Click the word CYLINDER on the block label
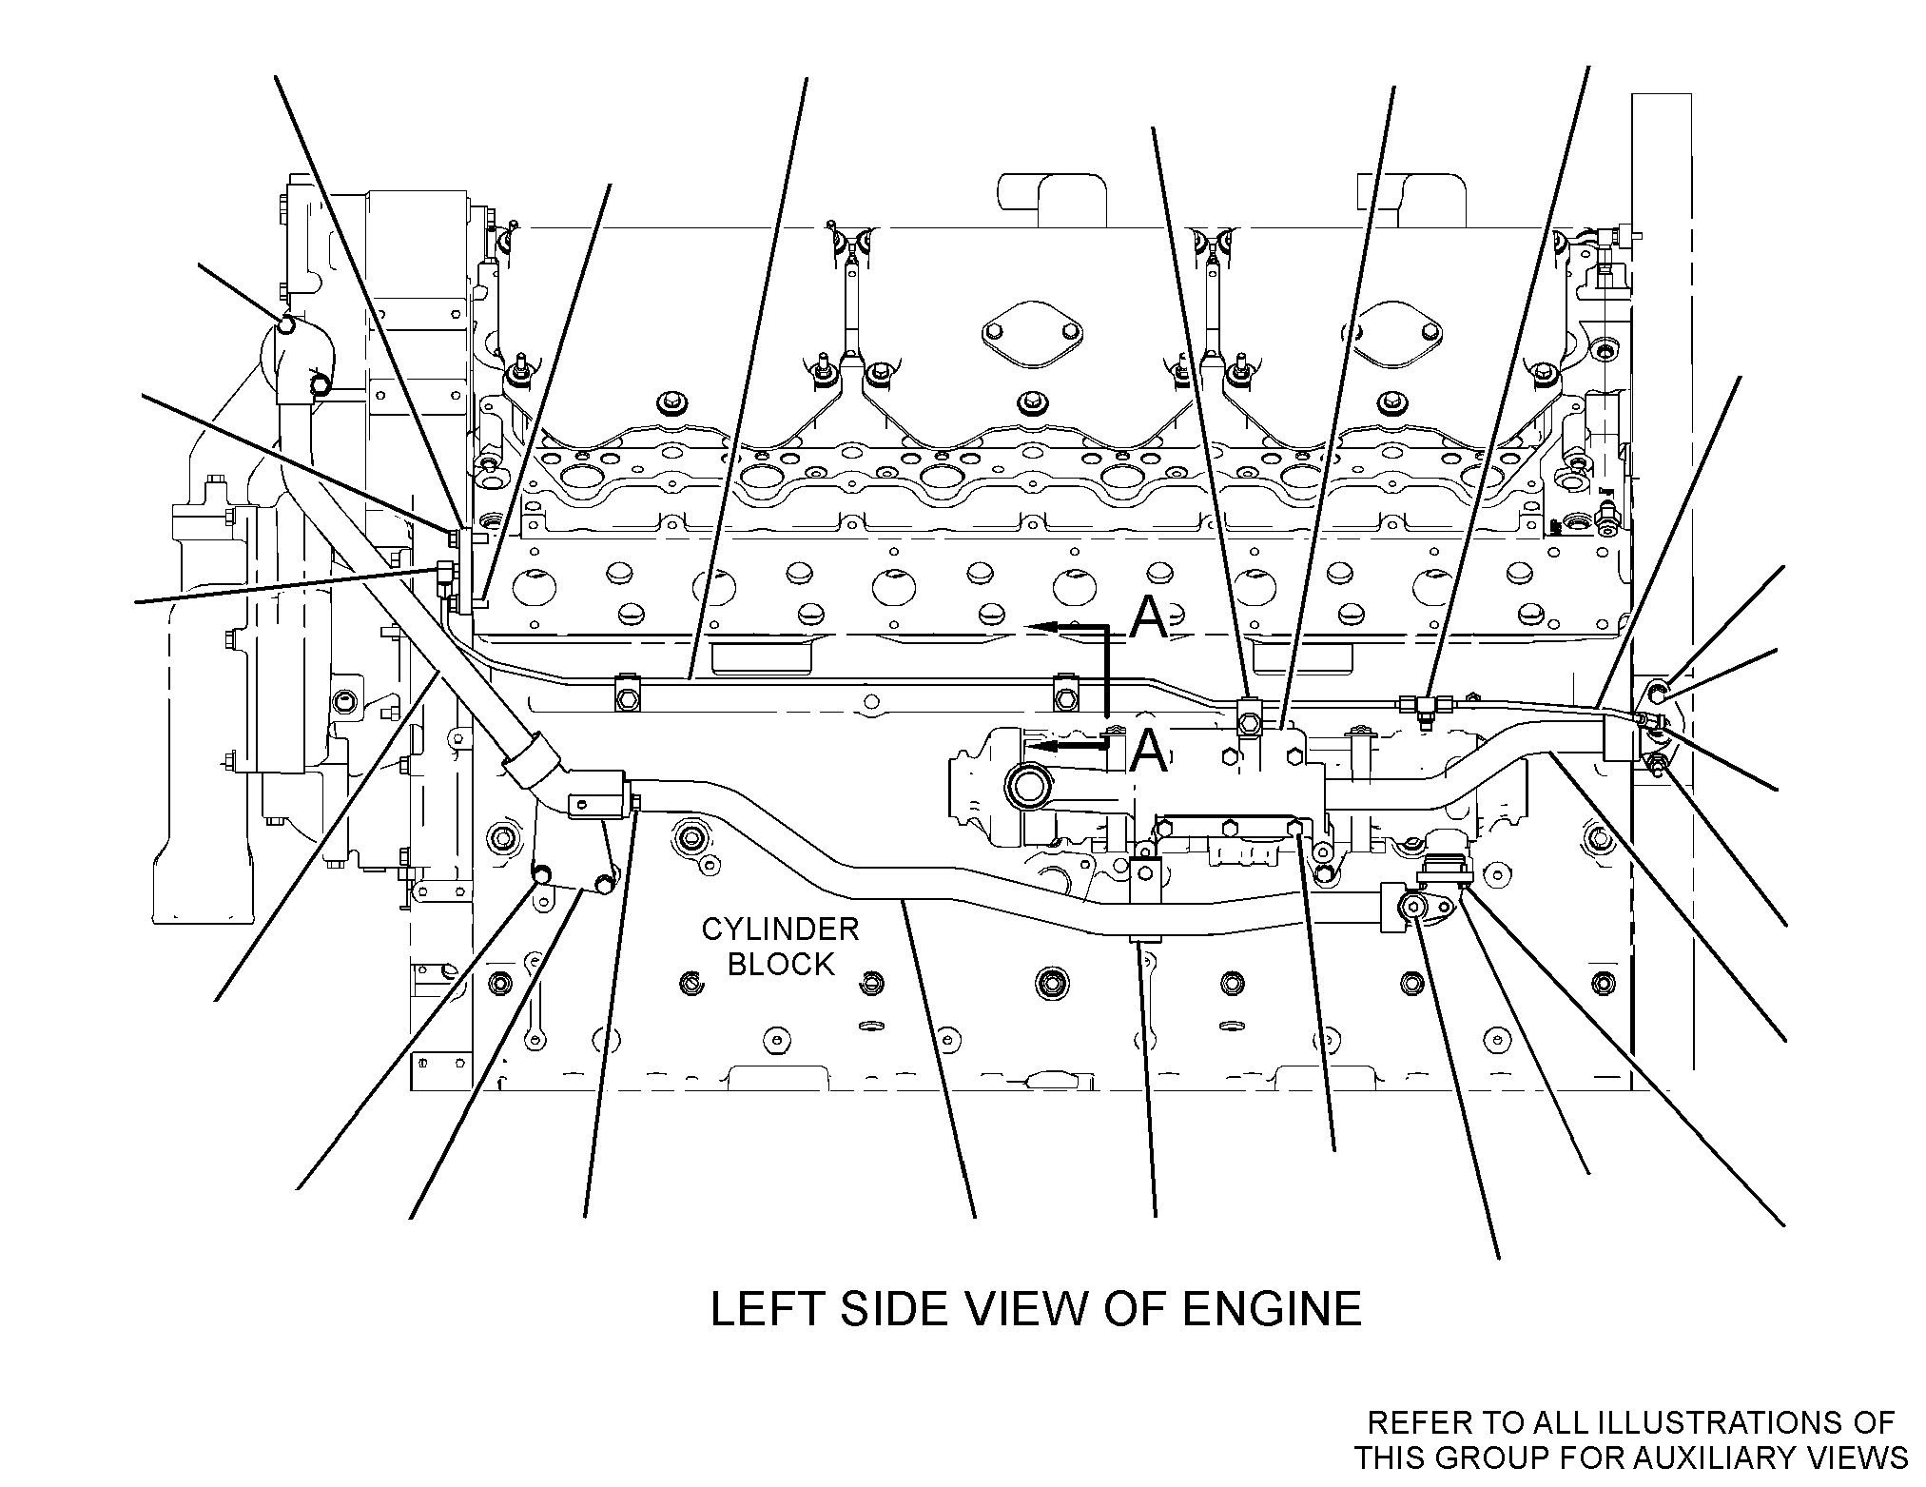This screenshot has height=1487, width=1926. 780,929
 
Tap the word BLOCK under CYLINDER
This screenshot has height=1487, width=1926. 781,965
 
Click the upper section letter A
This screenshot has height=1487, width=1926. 1149,618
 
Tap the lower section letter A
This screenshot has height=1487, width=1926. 1149,752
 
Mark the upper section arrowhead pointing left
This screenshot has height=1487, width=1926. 1044,626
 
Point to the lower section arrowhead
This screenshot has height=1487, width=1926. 1044,747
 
